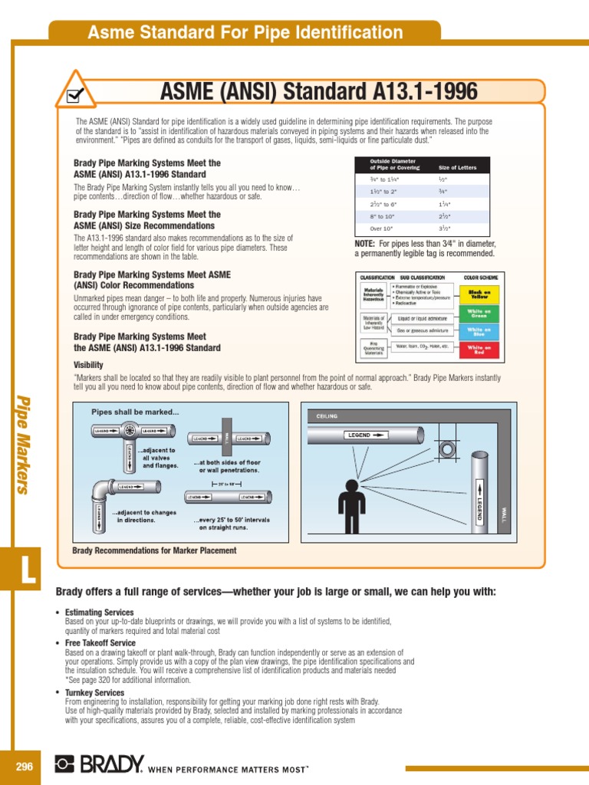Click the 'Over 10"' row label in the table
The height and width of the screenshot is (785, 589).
click(381, 228)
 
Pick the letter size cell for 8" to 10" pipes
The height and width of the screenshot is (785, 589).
click(443, 216)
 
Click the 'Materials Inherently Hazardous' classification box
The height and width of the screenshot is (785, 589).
click(373, 294)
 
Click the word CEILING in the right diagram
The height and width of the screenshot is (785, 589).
click(322, 416)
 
